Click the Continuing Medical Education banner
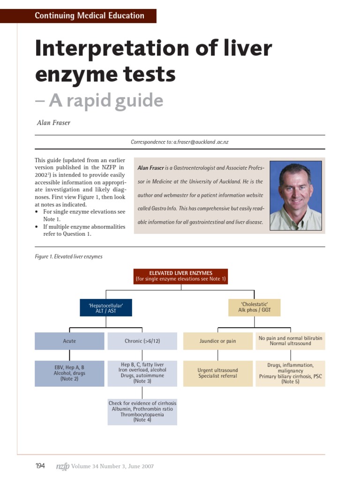pos(89,15)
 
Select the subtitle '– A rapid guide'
pos(99,100)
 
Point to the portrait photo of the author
pos(295,195)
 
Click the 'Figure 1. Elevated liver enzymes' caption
pos(69,256)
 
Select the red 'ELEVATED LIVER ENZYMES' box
pos(180,276)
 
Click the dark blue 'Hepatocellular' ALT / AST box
pos(105,307)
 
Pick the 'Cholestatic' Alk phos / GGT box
pos(254,307)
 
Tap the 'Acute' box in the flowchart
pos(69,341)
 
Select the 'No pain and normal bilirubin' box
pos(290,341)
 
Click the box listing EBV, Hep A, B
pos(69,373)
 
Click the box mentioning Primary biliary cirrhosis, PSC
pos(290,373)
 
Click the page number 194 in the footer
pos(40,466)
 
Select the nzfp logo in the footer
pos(62,466)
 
